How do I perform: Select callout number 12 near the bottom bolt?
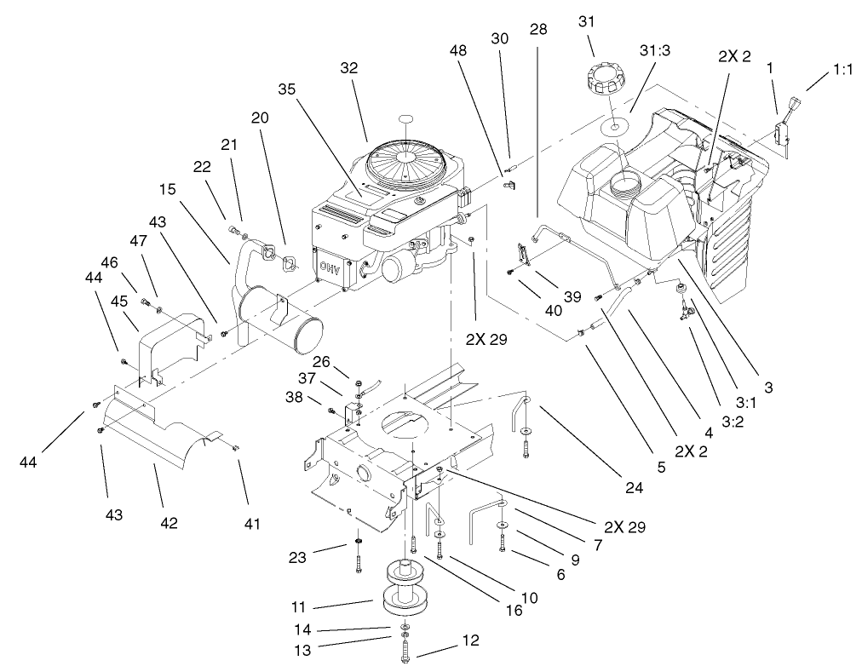point(469,640)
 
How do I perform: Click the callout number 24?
point(632,488)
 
